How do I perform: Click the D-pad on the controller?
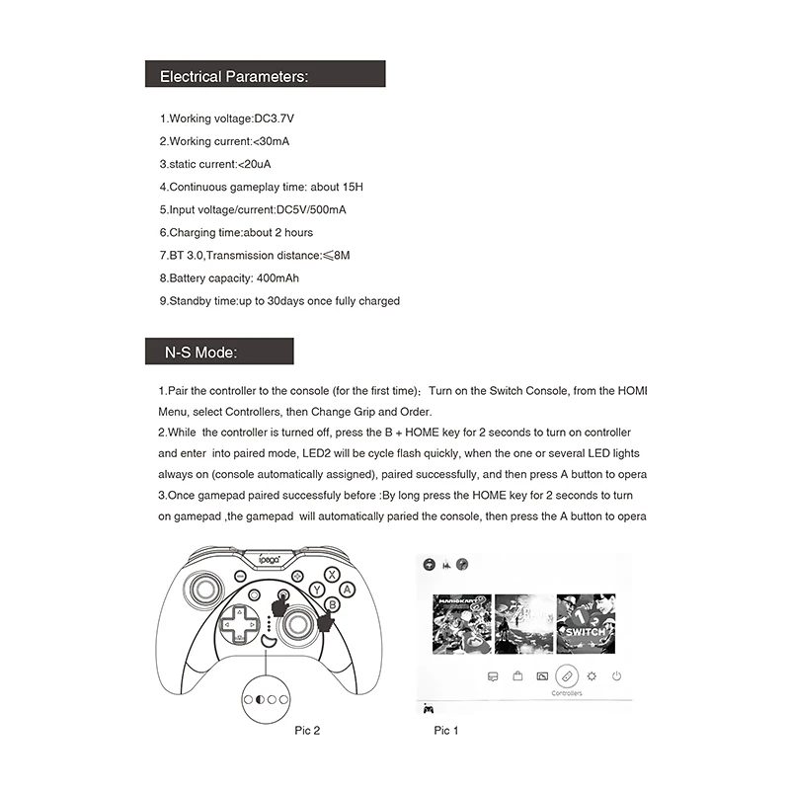click(x=236, y=625)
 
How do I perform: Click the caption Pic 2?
click(x=307, y=731)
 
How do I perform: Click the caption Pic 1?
click(x=446, y=731)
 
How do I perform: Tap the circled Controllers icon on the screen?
click(x=566, y=676)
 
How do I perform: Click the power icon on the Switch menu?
click(x=616, y=676)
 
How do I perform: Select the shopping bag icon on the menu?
click(x=516, y=676)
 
